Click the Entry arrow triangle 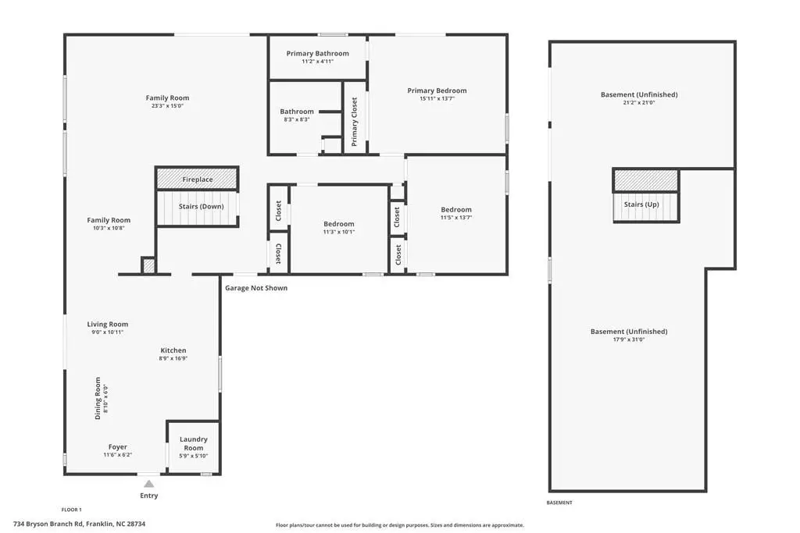click(148, 484)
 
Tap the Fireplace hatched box click(197, 179)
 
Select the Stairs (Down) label click(201, 206)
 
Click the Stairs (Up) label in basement click(641, 204)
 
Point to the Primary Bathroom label click(317, 54)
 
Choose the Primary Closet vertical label click(354, 122)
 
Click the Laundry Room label click(194, 443)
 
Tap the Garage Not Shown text click(256, 288)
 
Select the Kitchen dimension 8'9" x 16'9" click(173, 358)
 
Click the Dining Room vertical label click(98, 399)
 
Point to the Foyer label click(117, 447)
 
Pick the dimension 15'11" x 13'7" click(437, 99)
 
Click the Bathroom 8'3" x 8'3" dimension click(297, 119)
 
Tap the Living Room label click(108, 324)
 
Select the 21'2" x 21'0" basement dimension click(639, 102)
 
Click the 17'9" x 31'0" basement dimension click(629, 339)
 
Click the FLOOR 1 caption click(71, 510)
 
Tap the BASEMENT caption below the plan click(559, 503)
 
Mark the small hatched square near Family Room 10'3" click(148, 265)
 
